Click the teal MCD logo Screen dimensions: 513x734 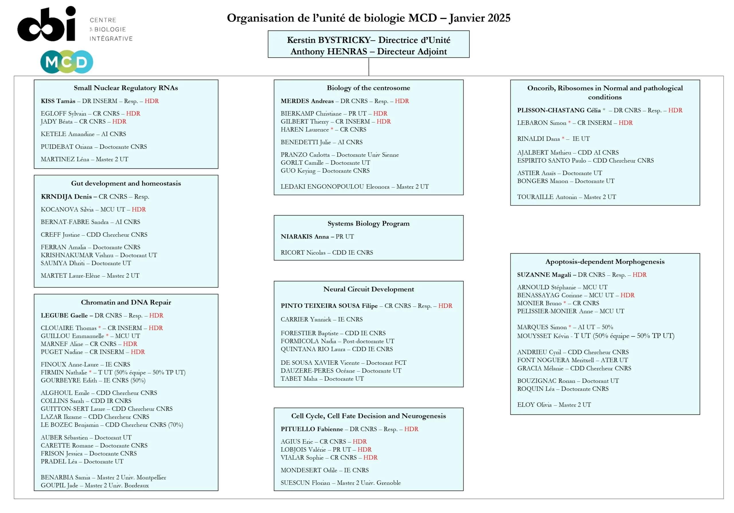click(67, 62)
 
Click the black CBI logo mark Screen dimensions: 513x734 click(47, 24)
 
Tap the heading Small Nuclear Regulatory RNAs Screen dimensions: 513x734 click(126, 88)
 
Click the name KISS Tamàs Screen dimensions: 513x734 click(58, 101)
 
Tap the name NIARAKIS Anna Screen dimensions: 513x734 click(305, 237)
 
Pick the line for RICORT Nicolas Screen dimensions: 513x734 click(327, 253)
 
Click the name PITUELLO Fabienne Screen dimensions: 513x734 click(312, 429)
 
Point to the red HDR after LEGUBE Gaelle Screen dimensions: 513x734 click(156, 316)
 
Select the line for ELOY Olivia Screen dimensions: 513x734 click(554, 405)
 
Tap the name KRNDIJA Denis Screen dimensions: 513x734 click(66, 197)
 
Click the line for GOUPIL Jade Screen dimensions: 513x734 click(95, 485)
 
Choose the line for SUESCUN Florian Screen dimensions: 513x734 click(340, 483)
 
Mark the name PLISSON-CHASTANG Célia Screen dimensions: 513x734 click(559, 110)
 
